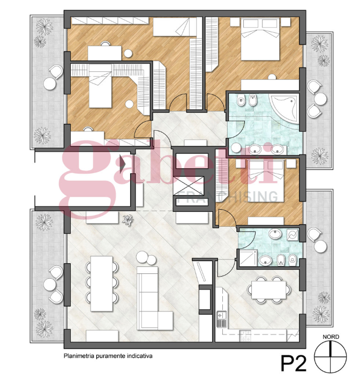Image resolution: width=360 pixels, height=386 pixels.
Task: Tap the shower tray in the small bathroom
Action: click(x=248, y=258)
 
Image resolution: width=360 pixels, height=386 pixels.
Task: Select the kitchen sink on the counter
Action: click(x=221, y=320)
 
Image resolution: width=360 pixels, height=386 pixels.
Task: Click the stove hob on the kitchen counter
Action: click(x=245, y=336)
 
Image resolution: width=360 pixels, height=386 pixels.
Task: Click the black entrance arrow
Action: click(x=123, y=164)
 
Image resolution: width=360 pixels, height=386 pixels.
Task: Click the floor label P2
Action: click(x=294, y=363)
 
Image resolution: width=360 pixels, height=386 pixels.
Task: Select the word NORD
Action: click(x=331, y=337)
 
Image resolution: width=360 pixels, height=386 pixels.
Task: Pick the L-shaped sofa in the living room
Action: click(x=153, y=299)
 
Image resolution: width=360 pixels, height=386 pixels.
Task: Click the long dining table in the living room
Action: click(x=102, y=284)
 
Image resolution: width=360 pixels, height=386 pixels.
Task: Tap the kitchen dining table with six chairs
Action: click(x=269, y=289)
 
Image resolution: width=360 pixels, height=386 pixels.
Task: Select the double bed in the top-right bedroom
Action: click(x=260, y=39)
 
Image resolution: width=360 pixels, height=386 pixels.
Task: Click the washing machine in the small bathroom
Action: click(x=292, y=235)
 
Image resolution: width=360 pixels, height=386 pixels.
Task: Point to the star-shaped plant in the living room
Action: click(x=127, y=220)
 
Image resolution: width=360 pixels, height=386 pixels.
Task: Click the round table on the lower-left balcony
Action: click(x=50, y=284)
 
